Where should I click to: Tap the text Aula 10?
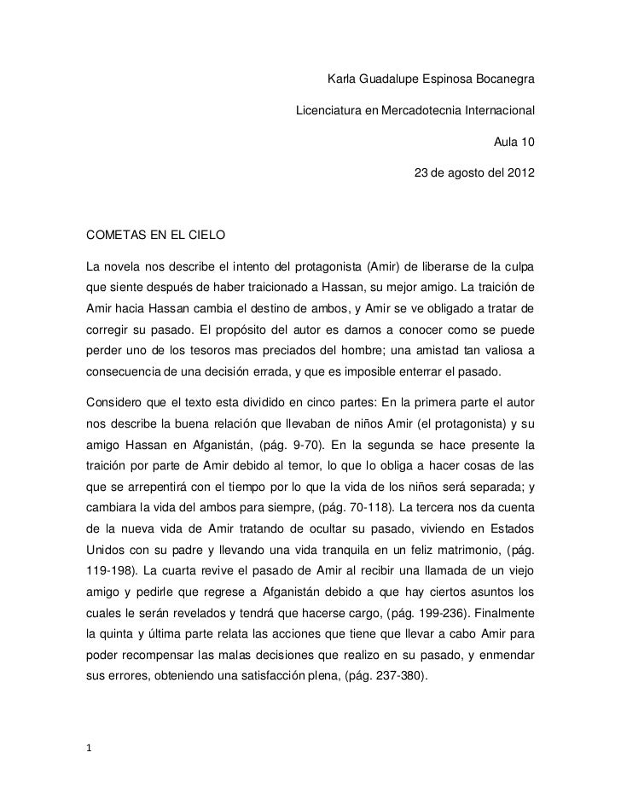(515, 142)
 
